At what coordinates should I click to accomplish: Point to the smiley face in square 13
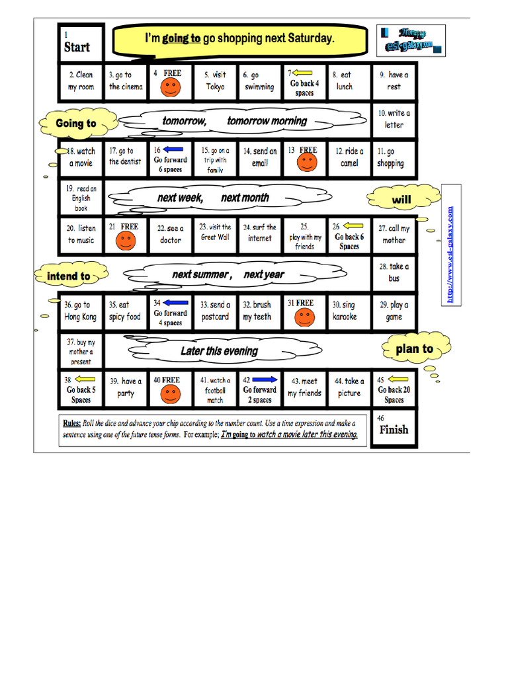tap(306, 162)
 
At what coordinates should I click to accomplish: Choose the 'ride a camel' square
tap(349, 157)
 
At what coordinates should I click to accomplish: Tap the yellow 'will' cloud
tap(402, 199)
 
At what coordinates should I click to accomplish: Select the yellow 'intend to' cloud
tap(68, 276)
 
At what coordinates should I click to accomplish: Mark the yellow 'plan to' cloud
tap(414, 348)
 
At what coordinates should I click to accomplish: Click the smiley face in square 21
tap(126, 239)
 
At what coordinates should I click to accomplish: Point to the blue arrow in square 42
tap(265, 379)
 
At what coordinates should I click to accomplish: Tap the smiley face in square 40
tap(170, 394)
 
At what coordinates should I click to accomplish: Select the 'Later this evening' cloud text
tap(219, 351)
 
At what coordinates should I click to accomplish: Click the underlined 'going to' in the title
tap(181, 38)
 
